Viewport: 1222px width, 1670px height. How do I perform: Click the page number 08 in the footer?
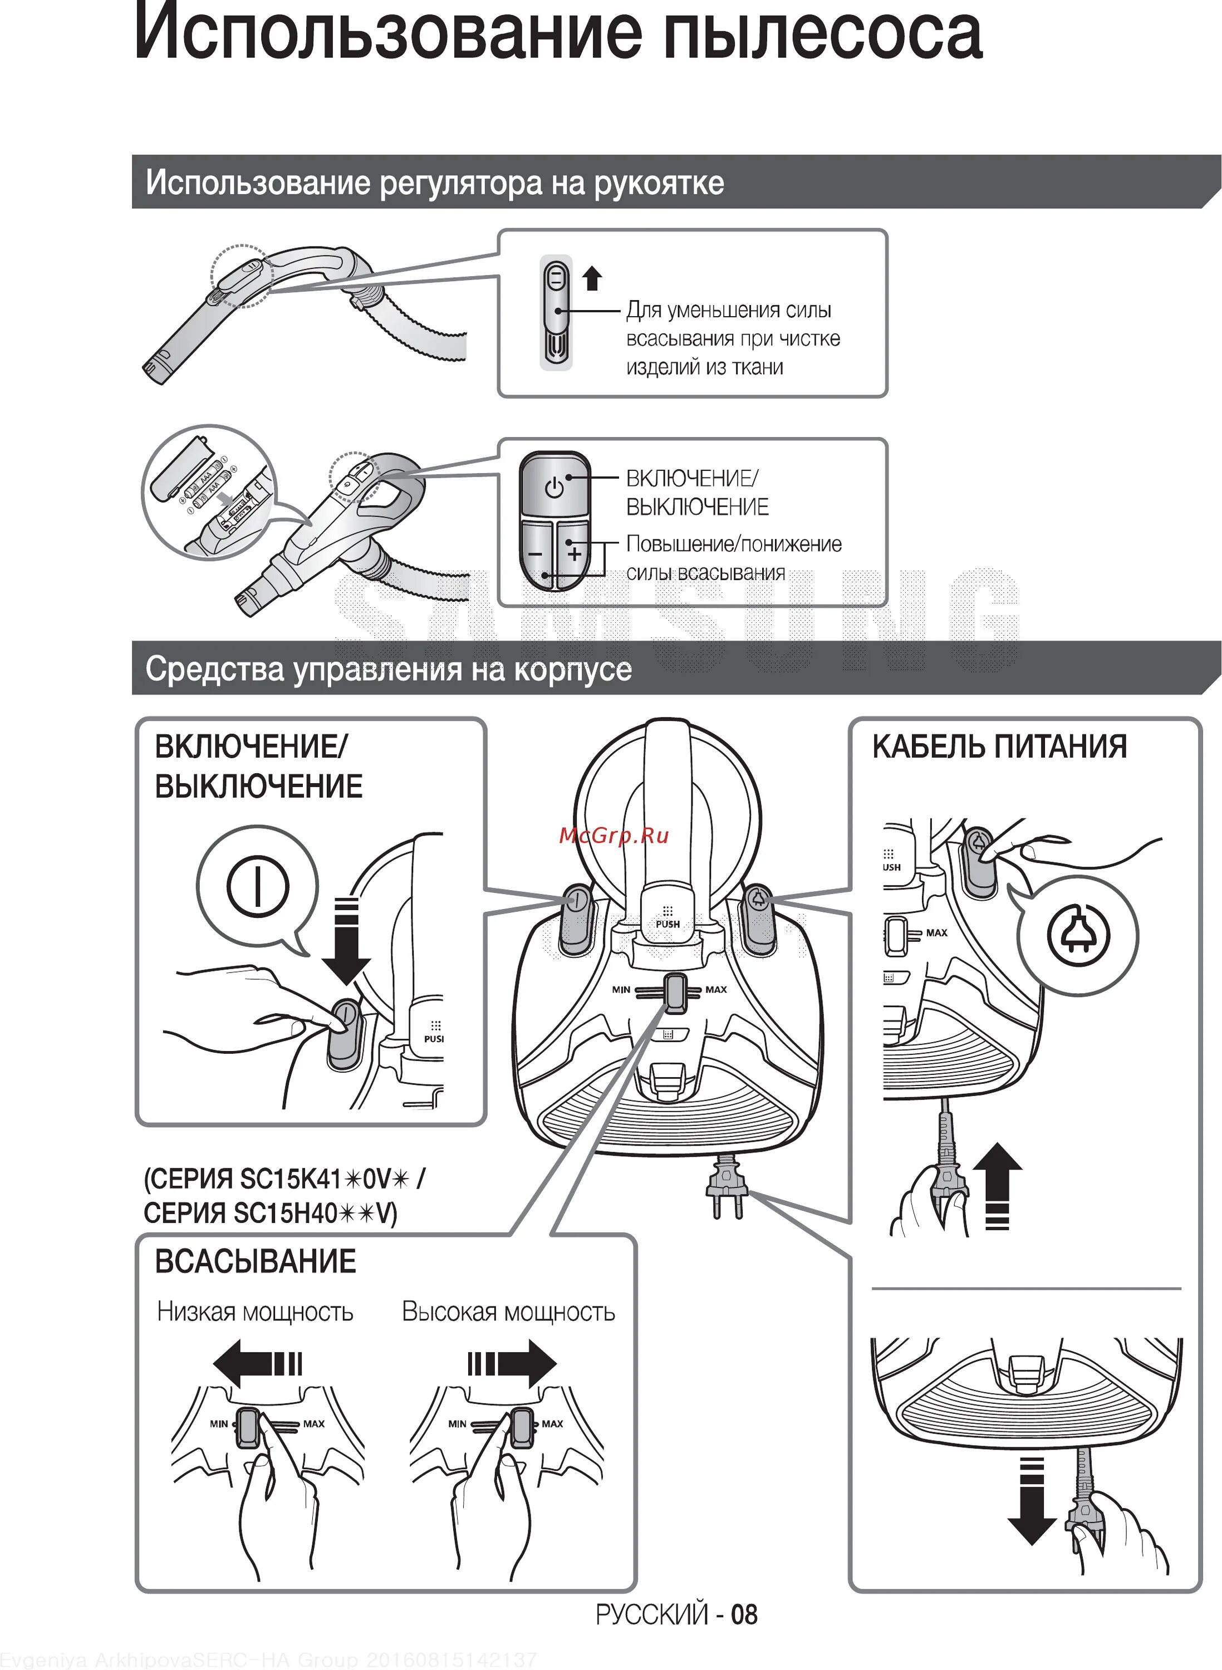pyautogui.click(x=744, y=1614)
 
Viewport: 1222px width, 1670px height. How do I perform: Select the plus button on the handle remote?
pyautogui.click(x=574, y=553)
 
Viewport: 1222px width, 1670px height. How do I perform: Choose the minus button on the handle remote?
pyautogui.click(x=536, y=553)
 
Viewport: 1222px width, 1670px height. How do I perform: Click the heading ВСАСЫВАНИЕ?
pyautogui.click(x=255, y=1261)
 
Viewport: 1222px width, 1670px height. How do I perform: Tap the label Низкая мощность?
pyautogui.click(x=255, y=1312)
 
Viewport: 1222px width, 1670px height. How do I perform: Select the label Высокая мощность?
pyautogui.click(x=508, y=1312)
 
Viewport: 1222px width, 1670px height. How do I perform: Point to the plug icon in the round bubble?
pyautogui.click(x=1078, y=936)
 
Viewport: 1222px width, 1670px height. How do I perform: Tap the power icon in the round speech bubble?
pyautogui.click(x=257, y=886)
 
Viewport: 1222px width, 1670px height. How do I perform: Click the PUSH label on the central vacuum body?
pyautogui.click(x=667, y=924)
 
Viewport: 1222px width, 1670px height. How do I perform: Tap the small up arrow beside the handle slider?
pyautogui.click(x=592, y=279)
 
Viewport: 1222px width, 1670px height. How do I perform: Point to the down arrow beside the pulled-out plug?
pyautogui.click(x=1031, y=1501)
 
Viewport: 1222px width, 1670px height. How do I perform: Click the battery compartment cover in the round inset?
pyautogui.click(x=181, y=468)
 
